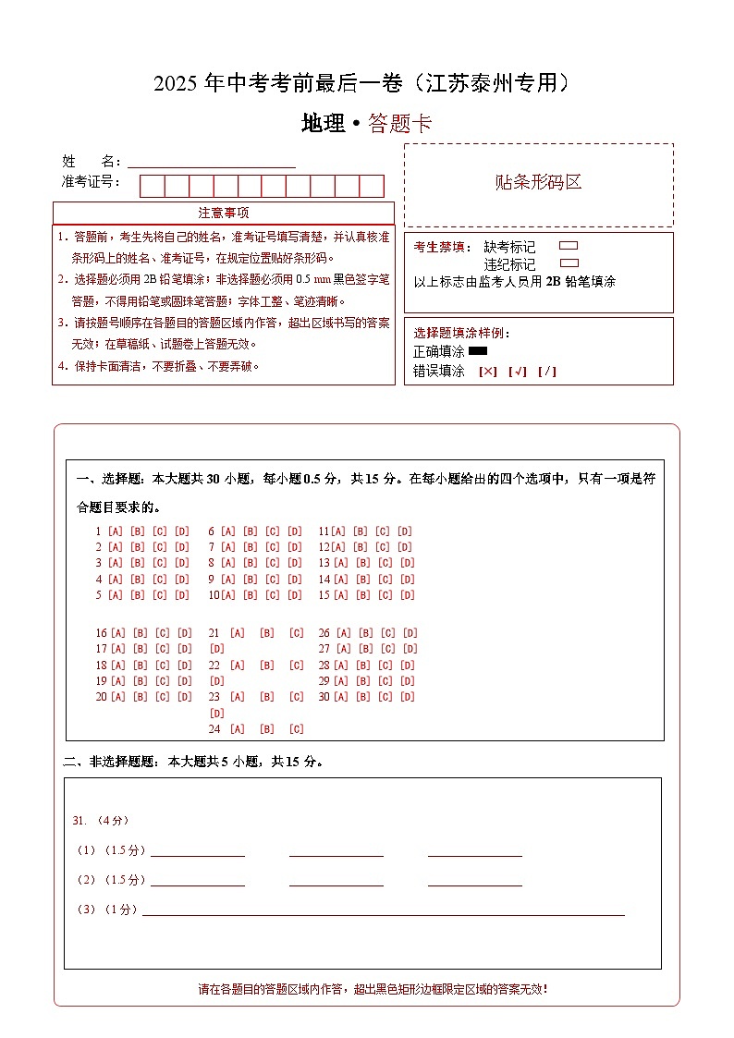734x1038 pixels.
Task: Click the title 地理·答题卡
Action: (x=366, y=124)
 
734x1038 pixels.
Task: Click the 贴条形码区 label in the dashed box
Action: (x=538, y=182)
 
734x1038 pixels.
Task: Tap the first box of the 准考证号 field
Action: (x=152, y=186)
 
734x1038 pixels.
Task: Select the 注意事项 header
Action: (x=223, y=213)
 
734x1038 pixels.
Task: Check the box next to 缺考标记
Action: (x=569, y=246)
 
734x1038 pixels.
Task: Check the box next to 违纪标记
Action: (x=569, y=263)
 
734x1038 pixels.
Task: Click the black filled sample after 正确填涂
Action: (x=478, y=351)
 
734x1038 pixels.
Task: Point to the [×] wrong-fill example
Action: (x=487, y=372)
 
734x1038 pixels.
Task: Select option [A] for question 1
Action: (x=116, y=531)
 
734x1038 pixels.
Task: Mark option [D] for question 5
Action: (x=182, y=595)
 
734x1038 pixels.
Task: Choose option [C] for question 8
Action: (x=273, y=563)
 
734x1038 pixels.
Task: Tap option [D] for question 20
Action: (x=184, y=697)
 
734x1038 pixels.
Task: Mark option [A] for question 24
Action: (x=238, y=729)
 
